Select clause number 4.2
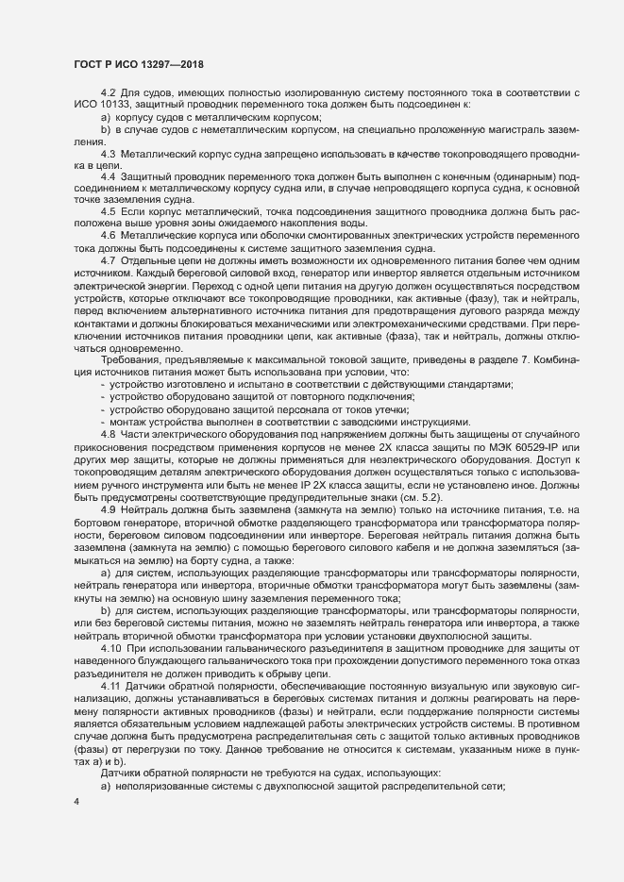[108, 90]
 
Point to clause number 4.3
[108, 152]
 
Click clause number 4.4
[108, 176]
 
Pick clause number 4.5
[108, 213]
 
